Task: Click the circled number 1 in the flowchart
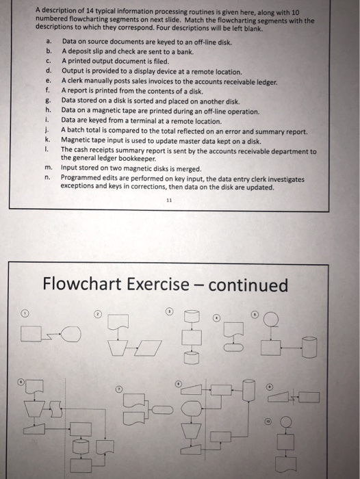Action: (x=25, y=313)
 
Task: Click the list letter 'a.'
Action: (x=49, y=42)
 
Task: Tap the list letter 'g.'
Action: (x=49, y=99)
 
